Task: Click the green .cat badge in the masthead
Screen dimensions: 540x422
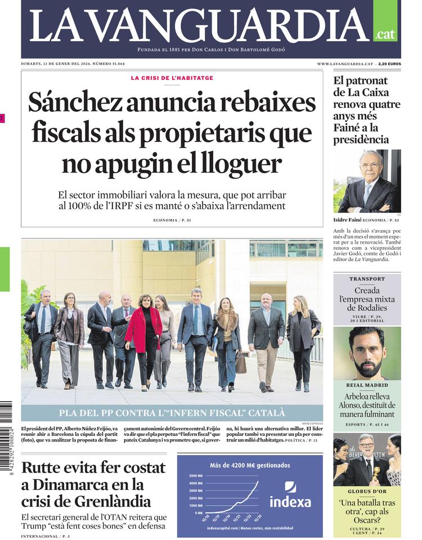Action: [x=385, y=34]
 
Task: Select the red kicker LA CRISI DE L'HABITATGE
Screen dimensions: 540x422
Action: [x=172, y=78]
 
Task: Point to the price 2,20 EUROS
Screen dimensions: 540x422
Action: [x=389, y=64]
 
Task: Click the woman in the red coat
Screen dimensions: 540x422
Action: [x=144, y=332]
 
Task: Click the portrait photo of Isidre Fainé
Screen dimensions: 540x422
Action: [x=367, y=181]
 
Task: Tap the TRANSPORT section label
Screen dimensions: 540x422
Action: [x=367, y=279]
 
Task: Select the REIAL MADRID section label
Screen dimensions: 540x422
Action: [x=367, y=385]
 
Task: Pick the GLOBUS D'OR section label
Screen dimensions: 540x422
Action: [x=367, y=491]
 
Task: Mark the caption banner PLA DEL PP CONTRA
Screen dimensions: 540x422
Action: [x=172, y=412]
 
